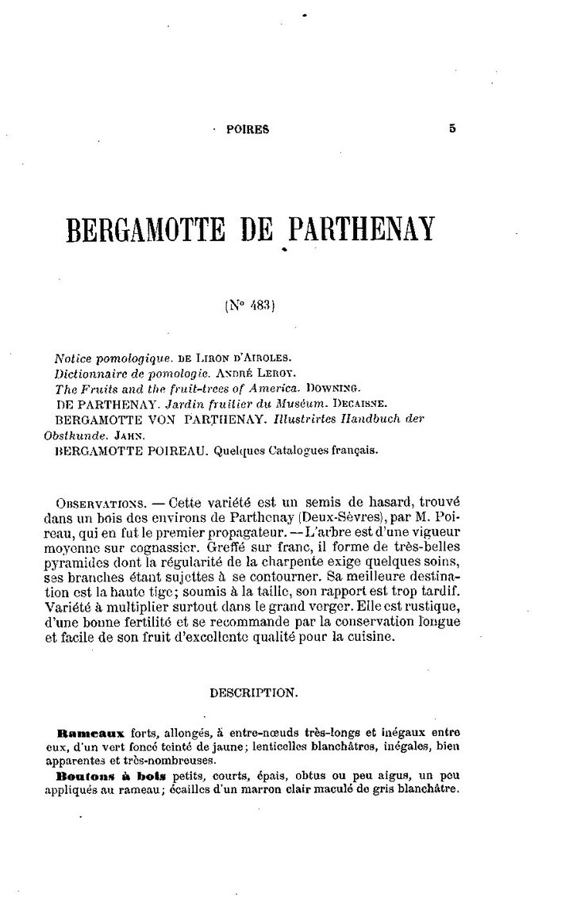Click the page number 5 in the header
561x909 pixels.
pos(452,128)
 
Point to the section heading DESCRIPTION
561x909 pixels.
pos(253,692)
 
